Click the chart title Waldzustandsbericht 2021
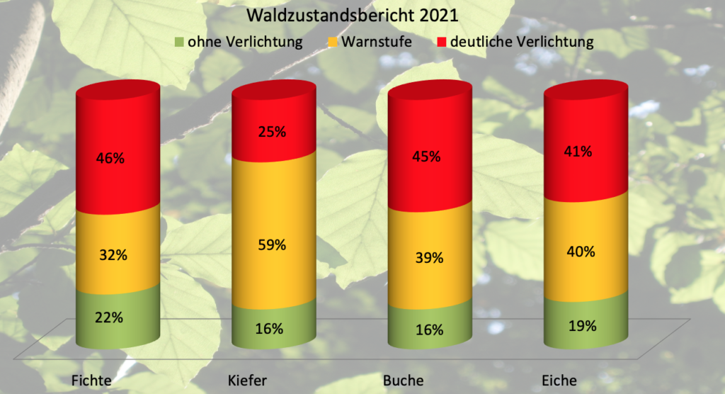(353, 16)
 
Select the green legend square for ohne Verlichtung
(179, 42)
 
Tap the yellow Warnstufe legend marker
(333, 42)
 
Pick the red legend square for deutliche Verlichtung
(442, 42)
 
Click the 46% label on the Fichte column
(110, 158)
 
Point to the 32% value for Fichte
(113, 254)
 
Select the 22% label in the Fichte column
(109, 317)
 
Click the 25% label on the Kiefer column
(272, 132)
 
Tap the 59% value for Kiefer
(272, 244)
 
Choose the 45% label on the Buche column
(426, 157)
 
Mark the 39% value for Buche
(429, 257)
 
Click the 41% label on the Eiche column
(578, 152)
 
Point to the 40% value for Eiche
(581, 252)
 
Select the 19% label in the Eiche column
(583, 326)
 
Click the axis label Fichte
(91, 381)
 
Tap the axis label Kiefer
(247, 381)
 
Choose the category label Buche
(403, 381)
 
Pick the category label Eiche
(559, 381)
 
